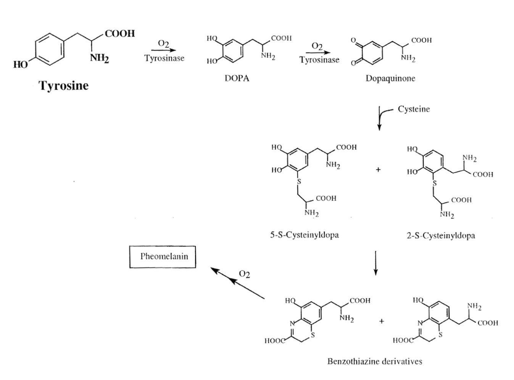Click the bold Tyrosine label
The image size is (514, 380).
point(63,86)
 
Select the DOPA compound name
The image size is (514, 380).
point(237,78)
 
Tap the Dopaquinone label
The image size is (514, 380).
point(390,78)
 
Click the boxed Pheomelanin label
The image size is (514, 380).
point(163,257)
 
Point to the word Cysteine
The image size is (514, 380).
point(414,109)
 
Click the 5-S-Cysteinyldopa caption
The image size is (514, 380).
point(304,235)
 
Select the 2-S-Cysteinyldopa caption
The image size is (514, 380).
point(441,236)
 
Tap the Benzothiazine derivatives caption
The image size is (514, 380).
point(374,361)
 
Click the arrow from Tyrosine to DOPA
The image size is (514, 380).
point(163,50)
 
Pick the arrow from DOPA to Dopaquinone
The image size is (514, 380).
point(318,53)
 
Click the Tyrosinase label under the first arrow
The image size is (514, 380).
point(164,58)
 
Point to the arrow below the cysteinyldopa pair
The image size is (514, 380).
point(375,263)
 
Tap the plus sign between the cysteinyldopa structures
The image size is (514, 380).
point(378,170)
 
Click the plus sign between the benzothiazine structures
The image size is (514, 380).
point(382,321)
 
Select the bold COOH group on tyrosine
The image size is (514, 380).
point(120,34)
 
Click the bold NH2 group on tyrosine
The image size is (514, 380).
point(99,58)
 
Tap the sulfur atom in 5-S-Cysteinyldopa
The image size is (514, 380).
point(299,181)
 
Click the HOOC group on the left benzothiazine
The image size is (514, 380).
point(275,341)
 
